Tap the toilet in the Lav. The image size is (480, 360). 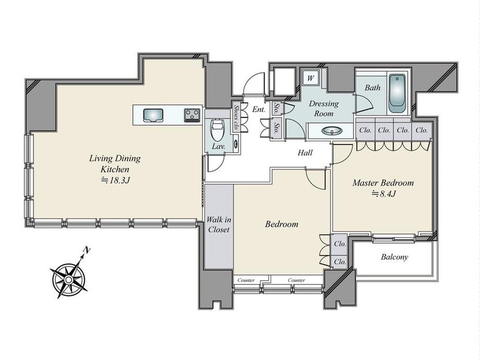click(218, 128)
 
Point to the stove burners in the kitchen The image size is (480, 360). click(192, 115)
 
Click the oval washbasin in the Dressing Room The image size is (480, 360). click(332, 131)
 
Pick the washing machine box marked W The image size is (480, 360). click(310, 78)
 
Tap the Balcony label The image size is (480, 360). click(394, 257)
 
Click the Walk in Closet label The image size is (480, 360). click(219, 225)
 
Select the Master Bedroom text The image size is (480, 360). click(383, 183)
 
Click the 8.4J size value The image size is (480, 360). click(384, 194)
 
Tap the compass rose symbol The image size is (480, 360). click(69, 279)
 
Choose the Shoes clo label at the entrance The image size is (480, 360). click(236, 117)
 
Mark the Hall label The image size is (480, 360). click(305, 152)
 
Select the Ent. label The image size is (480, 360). click(259, 109)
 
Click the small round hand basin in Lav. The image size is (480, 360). click(235, 143)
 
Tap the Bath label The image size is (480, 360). click(373, 88)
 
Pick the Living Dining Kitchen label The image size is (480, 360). click(115, 163)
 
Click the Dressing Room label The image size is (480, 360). click(324, 109)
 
